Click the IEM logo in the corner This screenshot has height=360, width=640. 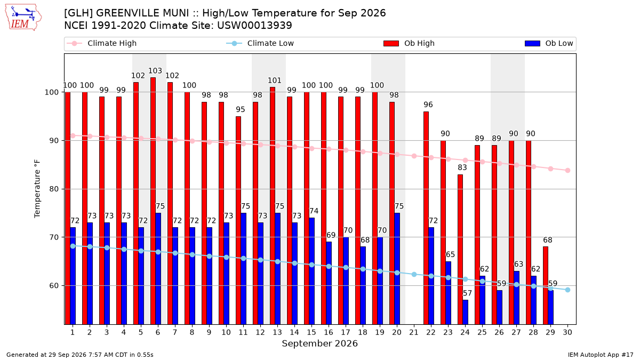(x=23, y=18)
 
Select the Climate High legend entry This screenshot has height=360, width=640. (x=101, y=43)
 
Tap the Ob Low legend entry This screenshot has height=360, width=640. (x=549, y=43)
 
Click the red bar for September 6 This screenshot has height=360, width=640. (x=153, y=201)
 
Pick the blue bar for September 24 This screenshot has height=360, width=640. (x=466, y=313)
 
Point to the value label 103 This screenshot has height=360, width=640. (x=155, y=70)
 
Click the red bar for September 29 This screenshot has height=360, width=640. (x=546, y=285)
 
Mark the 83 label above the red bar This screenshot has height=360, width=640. (x=462, y=167)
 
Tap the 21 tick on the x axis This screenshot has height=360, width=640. (x=414, y=332)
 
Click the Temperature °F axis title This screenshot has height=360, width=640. (x=37, y=189)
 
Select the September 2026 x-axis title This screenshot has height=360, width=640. (x=319, y=343)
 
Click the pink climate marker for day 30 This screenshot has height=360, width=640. (x=567, y=170)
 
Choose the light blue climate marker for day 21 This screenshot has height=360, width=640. (x=414, y=274)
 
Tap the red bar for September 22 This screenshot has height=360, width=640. (x=426, y=218)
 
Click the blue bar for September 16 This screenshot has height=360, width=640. (x=329, y=283)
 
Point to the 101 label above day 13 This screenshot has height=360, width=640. (x=275, y=81)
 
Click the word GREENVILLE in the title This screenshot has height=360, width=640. (x=142, y=13)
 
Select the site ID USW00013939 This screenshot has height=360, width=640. (x=254, y=26)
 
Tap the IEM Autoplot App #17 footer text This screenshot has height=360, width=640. (x=601, y=355)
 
